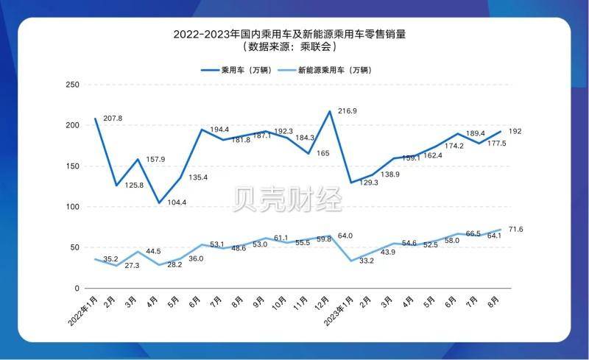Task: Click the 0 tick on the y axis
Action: click(x=77, y=288)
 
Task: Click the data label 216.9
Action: click(x=348, y=111)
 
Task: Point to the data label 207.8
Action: click(x=113, y=119)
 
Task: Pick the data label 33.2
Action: click(x=367, y=261)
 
